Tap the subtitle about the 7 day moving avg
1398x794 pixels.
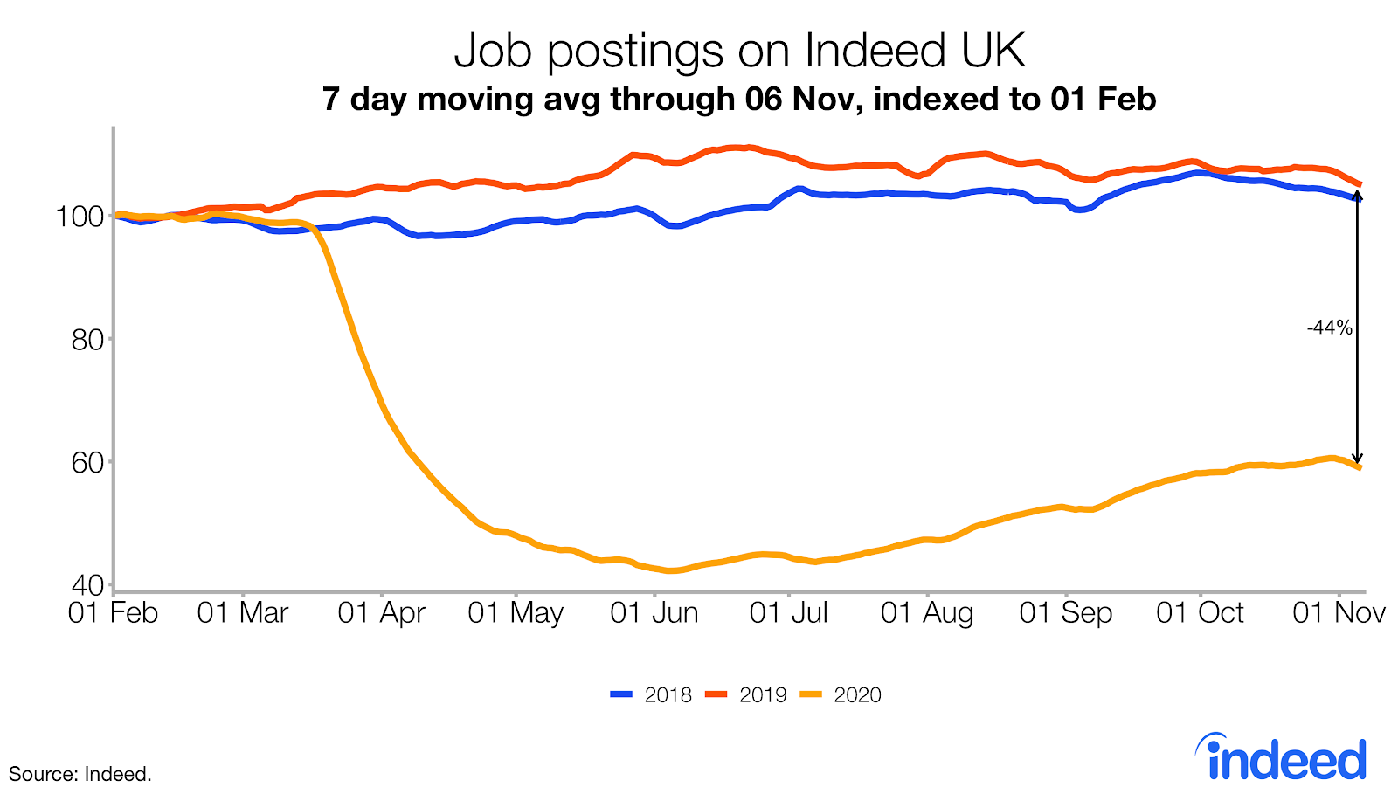pyautogui.click(x=739, y=99)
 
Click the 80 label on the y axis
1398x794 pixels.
pyautogui.click(x=87, y=339)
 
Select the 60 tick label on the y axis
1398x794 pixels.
pyautogui.click(x=87, y=462)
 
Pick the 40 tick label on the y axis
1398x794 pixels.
pyautogui.click(x=87, y=584)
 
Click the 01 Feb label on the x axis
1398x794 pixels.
pyautogui.click(x=113, y=613)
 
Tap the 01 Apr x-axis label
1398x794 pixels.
pyautogui.click(x=381, y=613)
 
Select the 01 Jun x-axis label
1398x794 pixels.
pyautogui.click(x=654, y=613)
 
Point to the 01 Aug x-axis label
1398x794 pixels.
pyautogui.click(x=927, y=613)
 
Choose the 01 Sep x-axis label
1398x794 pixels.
pyautogui.click(x=1066, y=613)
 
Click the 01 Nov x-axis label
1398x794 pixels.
pyautogui.click(x=1339, y=613)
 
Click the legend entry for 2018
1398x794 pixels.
pyautogui.click(x=652, y=695)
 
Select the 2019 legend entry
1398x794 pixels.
pyautogui.click(x=747, y=695)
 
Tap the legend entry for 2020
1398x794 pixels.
pyautogui.click(x=841, y=695)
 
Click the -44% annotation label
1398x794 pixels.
pyautogui.click(x=1329, y=328)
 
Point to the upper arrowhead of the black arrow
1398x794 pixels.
pyautogui.click(x=1357, y=196)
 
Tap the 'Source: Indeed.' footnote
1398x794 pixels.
pyautogui.click(x=80, y=774)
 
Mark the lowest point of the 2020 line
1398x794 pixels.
pyautogui.click(x=671, y=571)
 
